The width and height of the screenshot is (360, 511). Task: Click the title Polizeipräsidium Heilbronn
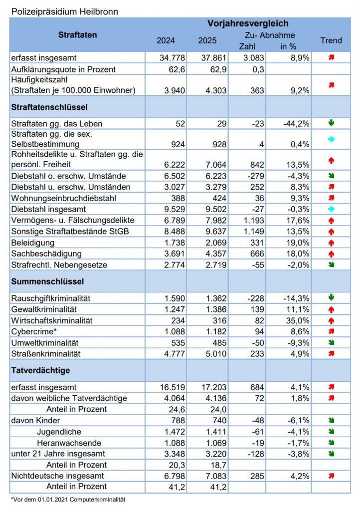(x=65, y=11)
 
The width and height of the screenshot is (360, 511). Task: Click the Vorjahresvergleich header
(x=248, y=23)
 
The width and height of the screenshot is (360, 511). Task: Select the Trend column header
(x=331, y=40)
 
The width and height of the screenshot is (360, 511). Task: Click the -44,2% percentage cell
(x=296, y=123)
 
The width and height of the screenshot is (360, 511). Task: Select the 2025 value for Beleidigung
(x=213, y=243)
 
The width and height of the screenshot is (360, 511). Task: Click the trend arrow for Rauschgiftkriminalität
(x=331, y=298)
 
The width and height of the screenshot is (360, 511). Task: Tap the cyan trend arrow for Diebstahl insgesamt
(x=331, y=209)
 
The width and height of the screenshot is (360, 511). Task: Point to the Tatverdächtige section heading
(x=40, y=370)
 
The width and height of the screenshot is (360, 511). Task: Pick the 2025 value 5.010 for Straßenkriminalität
(x=213, y=353)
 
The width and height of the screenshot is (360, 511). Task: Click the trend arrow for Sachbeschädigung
(x=331, y=254)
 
